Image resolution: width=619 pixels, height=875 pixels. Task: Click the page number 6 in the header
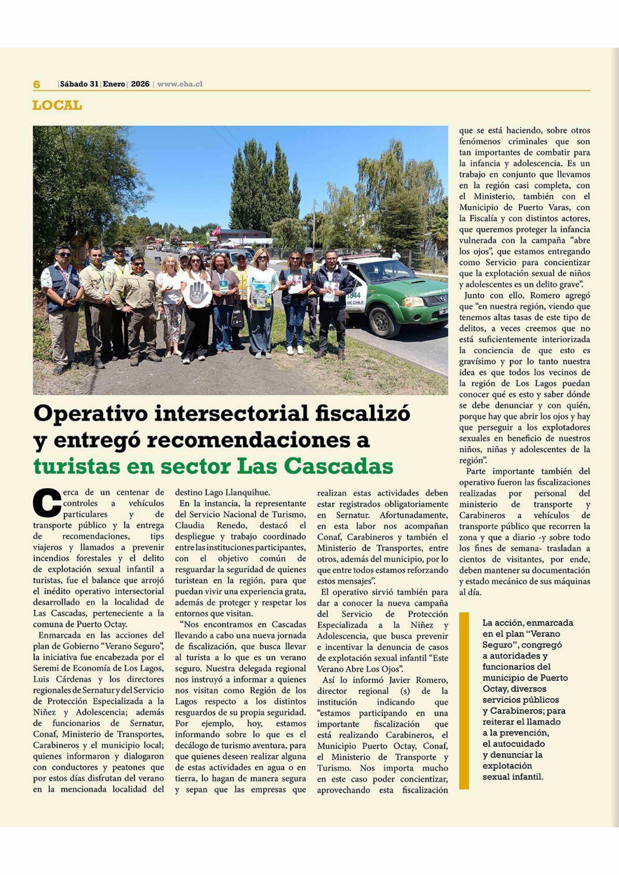(37, 84)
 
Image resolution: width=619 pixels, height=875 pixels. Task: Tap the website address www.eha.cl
(180, 84)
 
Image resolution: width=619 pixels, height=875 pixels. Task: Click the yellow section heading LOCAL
(57, 106)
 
